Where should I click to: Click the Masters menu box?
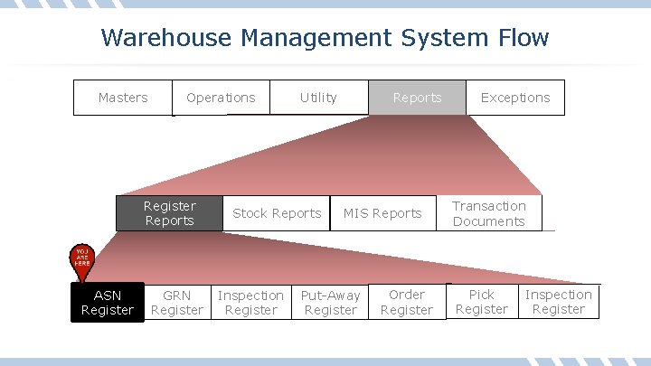(123, 98)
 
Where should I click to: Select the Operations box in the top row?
(221, 98)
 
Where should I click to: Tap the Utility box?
(318, 98)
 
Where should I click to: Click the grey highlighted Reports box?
(417, 98)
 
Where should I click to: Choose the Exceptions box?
(515, 98)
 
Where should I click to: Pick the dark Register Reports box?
(169, 213)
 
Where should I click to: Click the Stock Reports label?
(277, 213)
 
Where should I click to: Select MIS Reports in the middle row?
(383, 213)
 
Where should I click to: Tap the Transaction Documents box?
(489, 213)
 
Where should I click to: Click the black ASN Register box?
(108, 303)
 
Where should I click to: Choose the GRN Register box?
(177, 303)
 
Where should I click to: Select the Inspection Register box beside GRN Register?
(250, 303)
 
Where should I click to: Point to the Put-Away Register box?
(330, 303)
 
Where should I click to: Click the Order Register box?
(407, 302)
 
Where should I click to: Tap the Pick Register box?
(482, 302)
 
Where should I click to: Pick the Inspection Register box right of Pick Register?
(559, 302)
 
